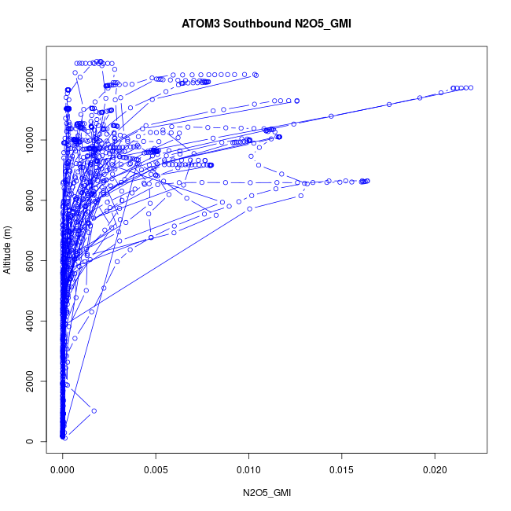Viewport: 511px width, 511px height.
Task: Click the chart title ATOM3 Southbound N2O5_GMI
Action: [256, 24]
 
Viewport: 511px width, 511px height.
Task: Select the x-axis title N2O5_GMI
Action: [267, 493]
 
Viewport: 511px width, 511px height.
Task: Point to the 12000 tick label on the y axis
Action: [29, 79]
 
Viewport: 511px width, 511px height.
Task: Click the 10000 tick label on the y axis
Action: [29, 140]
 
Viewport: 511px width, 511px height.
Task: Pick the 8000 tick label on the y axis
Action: [29, 200]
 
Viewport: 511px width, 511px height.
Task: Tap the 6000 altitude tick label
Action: [29, 260]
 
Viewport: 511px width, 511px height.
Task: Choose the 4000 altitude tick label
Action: [29, 321]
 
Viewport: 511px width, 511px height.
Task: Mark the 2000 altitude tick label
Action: [29, 381]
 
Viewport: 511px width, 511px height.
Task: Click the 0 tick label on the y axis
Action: [29, 441]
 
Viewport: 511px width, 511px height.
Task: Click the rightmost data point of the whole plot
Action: [470, 87]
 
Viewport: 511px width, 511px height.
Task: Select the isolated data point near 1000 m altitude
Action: [94, 410]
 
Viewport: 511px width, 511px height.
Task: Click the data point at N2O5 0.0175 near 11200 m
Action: [388, 105]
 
